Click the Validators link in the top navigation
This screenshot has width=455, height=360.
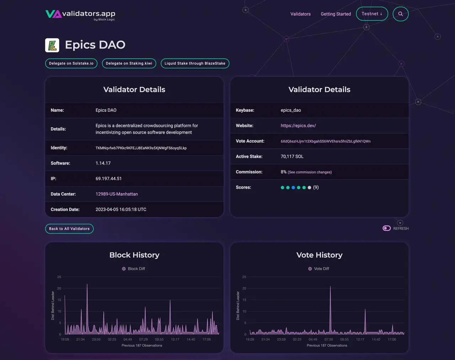pyautogui.click(x=300, y=14)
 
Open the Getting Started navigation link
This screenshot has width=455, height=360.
pyautogui.click(x=336, y=14)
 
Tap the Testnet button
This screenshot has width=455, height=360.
pyautogui.click(x=372, y=14)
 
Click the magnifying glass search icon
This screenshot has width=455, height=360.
pyautogui.click(x=401, y=14)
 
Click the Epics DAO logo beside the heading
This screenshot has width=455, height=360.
pyautogui.click(x=52, y=45)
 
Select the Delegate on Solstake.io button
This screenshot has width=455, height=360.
pyautogui.click(x=71, y=63)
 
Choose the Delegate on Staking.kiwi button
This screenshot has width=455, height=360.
pyautogui.click(x=129, y=63)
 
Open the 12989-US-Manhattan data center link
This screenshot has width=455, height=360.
pyautogui.click(x=117, y=194)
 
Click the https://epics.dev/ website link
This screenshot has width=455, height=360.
pyautogui.click(x=298, y=125)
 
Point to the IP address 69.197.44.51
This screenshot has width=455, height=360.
pyautogui.click(x=108, y=178)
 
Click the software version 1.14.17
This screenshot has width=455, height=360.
pyautogui.click(x=103, y=163)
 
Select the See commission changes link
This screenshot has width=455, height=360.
pyautogui.click(x=310, y=172)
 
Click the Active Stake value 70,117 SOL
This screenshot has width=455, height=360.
pyautogui.click(x=292, y=156)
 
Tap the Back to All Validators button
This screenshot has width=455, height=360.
pyautogui.click(x=69, y=229)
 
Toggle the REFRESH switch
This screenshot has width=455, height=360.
pyautogui.click(x=386, y=228)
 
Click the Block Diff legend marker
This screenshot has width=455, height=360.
pyautogui.click(x=124, y=269)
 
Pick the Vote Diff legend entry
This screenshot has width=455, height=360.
pyautogui.click(x=318, y=269)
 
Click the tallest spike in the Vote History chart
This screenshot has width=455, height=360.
pyautogui.click(x=330, y=287)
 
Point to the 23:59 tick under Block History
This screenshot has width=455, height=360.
pyautogui.click(x=96, y=339)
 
